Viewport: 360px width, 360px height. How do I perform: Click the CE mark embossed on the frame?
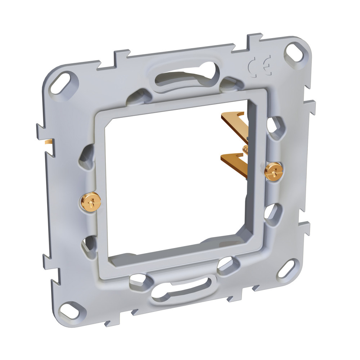point(261,66)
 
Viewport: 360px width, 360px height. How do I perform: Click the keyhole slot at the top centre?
point(186,77)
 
